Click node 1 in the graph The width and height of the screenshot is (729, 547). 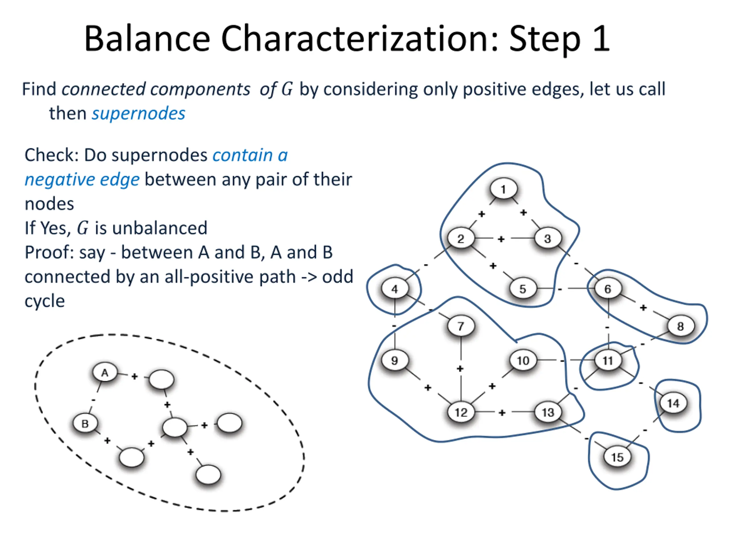click(x=503, y=189)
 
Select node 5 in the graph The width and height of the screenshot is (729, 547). click(x=523, y=289)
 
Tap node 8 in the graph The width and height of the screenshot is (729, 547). click(x=681, y=326)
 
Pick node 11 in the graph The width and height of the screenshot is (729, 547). click(x=608, y=360)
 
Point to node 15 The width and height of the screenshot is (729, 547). click(x=617, y=457)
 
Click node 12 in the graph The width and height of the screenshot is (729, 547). click(x=461, y=412)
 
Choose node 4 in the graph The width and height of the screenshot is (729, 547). click(x=395, y=289)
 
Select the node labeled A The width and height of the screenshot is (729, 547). click(x=105, y=373)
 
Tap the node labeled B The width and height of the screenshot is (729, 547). click(x=85, y=423)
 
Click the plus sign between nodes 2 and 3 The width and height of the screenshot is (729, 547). click(x=501, y=239)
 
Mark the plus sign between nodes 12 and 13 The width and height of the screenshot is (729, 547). click(x=502, y=413)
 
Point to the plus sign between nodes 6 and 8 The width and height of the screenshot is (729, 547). click(x=643, y=308)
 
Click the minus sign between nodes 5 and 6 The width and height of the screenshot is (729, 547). click(x=560, y=289)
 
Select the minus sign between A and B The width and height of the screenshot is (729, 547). click(x=93, y=400)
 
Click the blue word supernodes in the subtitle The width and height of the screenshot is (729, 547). click(x=138, y=114)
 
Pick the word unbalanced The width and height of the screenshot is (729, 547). click(x=151, y=228)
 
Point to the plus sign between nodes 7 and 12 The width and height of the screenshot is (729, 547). click(x=460, y=369)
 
